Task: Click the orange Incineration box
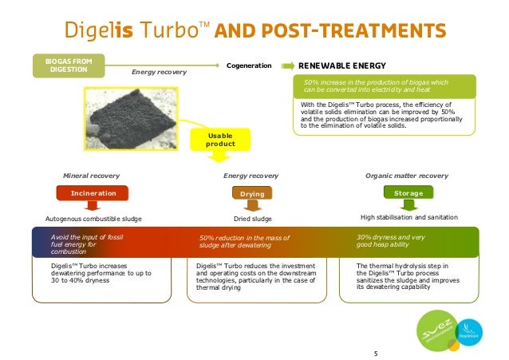point(93,193)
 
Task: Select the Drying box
point(251,193)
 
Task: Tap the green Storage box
point(408,193)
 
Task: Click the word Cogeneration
point(250,65)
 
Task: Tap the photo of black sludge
point(135,118)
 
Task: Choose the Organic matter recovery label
point(406,175)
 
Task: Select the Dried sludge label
point(252,217)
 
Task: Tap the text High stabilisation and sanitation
point(408,217)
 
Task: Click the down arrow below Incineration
point(93,205)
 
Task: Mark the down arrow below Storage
point(408,205)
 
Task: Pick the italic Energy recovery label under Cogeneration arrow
point(159,73)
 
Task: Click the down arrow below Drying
point(252,205)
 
